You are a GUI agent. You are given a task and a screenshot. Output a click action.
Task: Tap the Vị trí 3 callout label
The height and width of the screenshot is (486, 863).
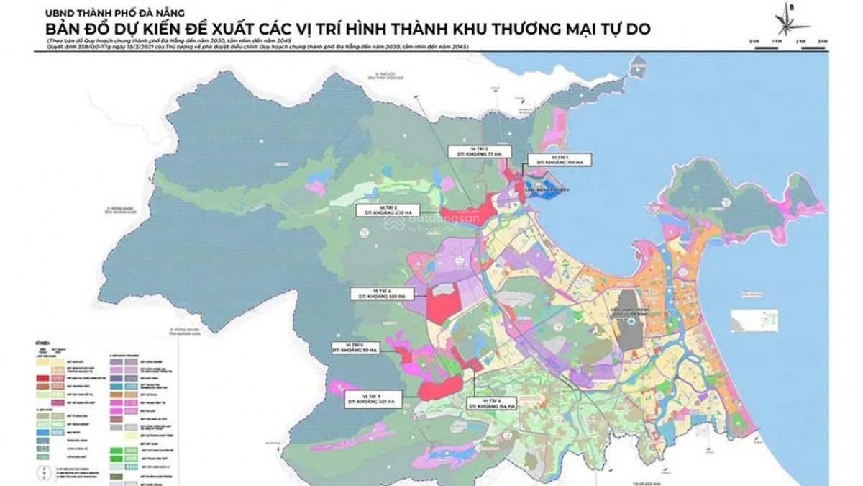point(388,210)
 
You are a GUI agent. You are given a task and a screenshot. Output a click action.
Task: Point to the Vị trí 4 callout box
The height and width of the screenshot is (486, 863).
point(379,293)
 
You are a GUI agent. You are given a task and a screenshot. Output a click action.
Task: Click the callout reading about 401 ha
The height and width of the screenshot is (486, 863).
point(373,399)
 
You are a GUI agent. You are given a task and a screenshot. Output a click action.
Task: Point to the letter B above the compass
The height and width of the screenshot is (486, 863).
point(791,6)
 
